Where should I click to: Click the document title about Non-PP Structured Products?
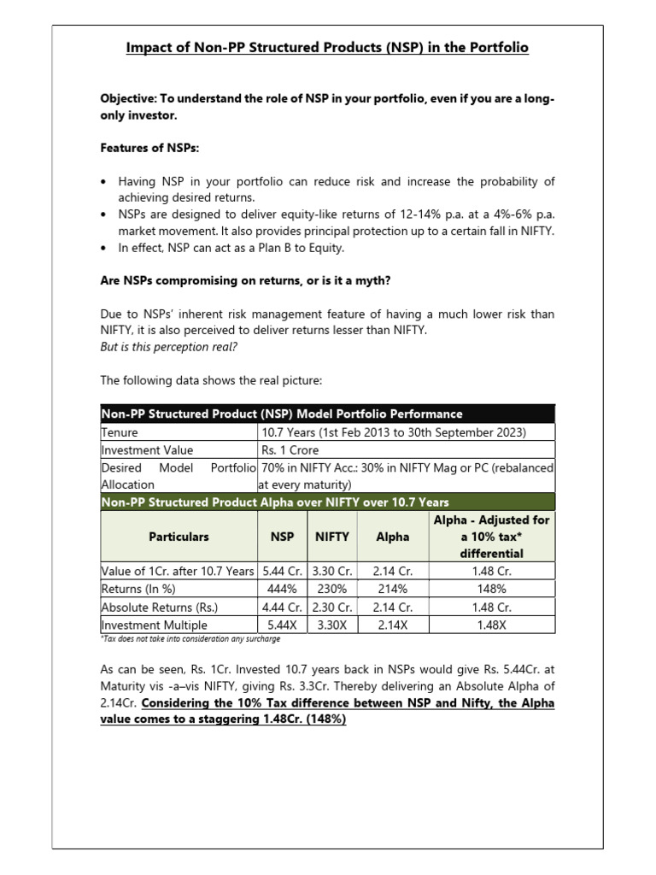327,48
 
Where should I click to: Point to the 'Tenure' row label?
120,432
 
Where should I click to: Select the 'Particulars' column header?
179,537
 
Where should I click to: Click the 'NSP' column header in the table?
283,537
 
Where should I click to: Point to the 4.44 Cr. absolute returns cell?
283,608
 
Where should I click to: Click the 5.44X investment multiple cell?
283,625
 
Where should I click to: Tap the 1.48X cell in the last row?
491,625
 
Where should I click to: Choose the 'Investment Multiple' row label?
155,625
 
